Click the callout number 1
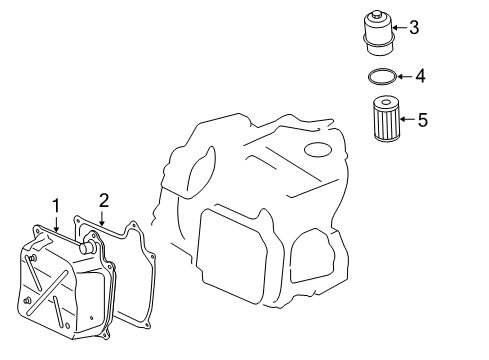point(56,205)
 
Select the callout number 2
point(104,201)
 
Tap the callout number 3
point(414,27)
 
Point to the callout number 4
point(421,76)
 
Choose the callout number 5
point(423,120)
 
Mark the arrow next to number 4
point(405,76)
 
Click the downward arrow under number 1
point(56,223)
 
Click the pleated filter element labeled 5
point(386,118)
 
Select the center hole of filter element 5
point(386,102)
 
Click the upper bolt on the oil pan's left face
point(32,258)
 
